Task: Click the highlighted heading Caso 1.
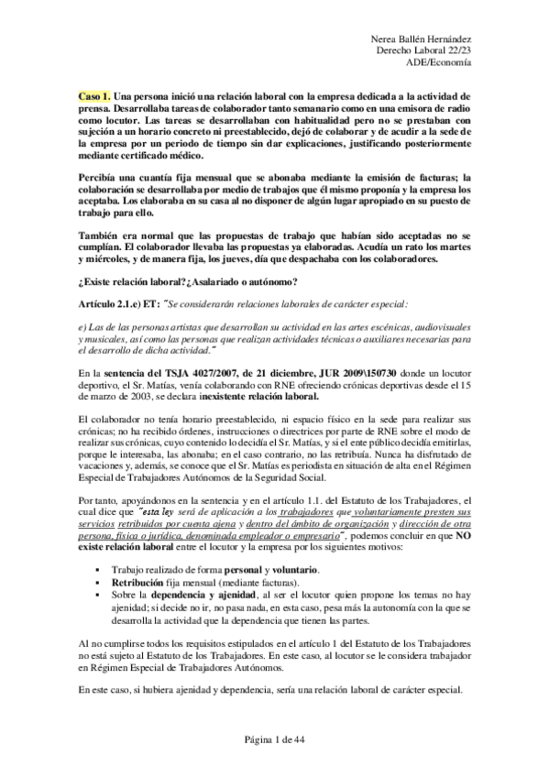(x=94, y=94)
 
